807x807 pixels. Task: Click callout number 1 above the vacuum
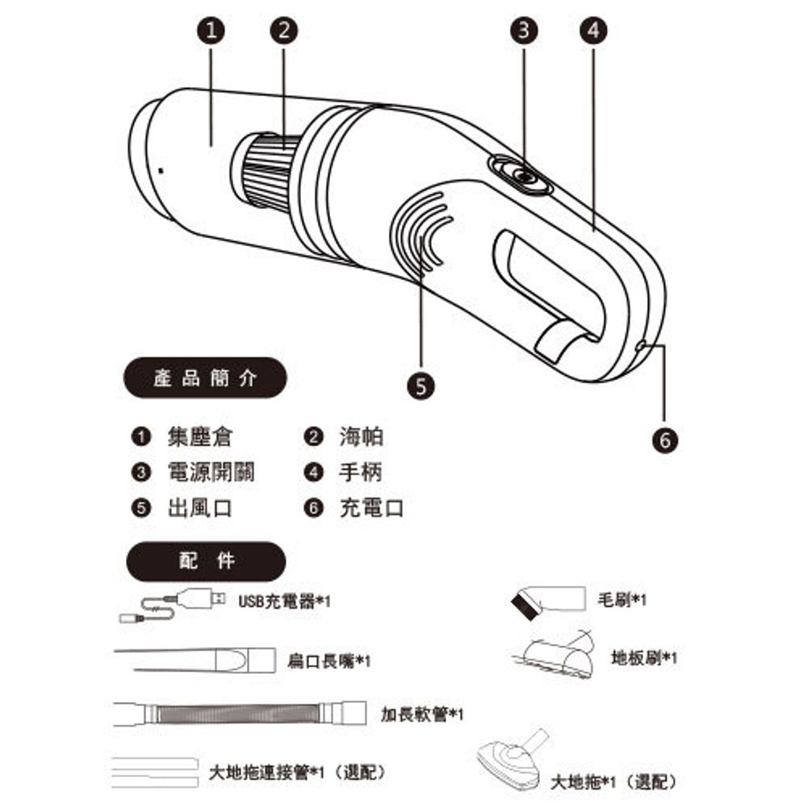click(211, 31)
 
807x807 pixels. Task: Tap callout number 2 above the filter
click(284, 31)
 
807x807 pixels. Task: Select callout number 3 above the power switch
click(524, 31)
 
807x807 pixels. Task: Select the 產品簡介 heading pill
click(204, 378)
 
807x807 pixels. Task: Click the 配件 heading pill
click(204, 561)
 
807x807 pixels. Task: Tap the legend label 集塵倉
click(200, 437)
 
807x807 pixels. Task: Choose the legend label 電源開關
click(211, 472)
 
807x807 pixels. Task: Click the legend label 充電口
click(371, 508)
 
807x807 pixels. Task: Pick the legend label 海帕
click(362, 437)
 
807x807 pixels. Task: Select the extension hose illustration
click(240, 714)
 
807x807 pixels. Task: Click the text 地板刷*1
click(644, 657)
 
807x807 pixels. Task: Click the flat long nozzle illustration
click(194, 657)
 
